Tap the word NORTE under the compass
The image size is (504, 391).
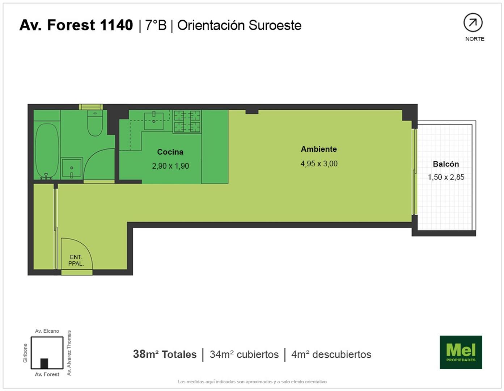point(475,39)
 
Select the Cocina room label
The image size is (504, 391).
point(170,152)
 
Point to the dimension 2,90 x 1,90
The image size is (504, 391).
point(170,166)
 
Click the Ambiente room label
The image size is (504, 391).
point(319,149)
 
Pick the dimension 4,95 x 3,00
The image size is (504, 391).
point(319,164)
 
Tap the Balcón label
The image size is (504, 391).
point(446,164)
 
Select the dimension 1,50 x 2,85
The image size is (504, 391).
point(446,177)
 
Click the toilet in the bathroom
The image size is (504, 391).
point(95,123)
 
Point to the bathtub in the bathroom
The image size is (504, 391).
point(47,151)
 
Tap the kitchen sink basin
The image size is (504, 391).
point(154,121)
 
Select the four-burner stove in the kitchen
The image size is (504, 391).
point(187,121)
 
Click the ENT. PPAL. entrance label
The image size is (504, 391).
point(76,260)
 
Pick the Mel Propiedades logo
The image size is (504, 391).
point(461,352)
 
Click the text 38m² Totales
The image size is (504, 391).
point(165,354)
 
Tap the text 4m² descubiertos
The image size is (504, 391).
point(331,354)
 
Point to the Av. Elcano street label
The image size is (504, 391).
point(47,331)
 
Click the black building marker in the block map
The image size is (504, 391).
point(44,363)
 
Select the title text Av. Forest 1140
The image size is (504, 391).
point(76,25)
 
